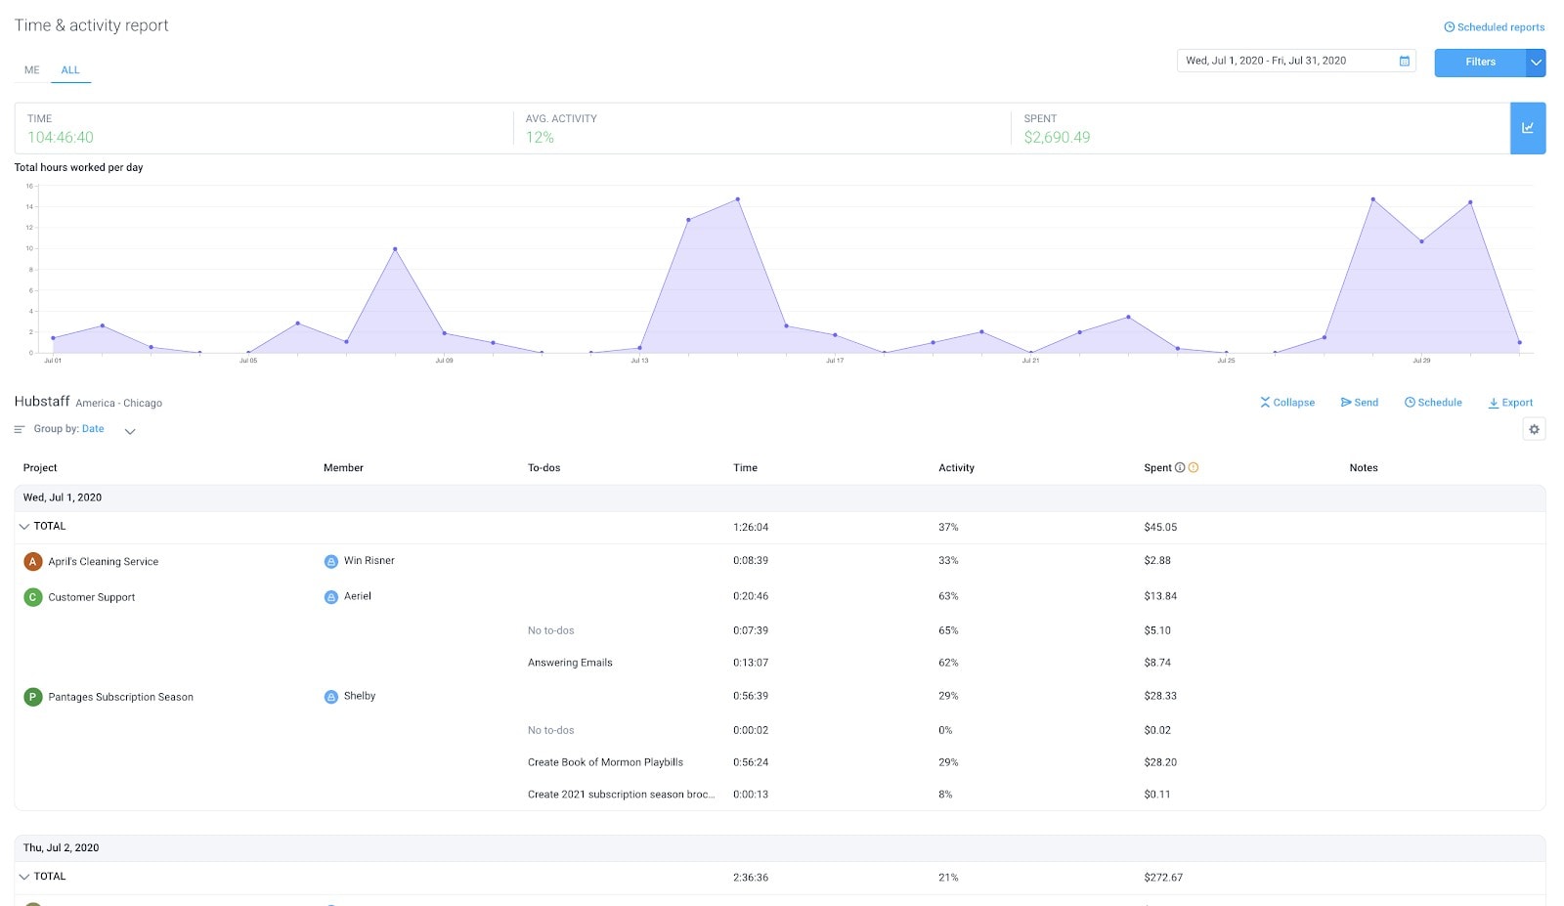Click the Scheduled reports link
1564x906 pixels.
point(1495,27)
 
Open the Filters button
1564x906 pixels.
point(1480,62)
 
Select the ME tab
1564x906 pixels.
point(32,70)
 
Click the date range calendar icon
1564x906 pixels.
point(1404,61)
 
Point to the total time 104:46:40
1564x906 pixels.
point(61,138)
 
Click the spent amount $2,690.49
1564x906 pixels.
point(1057,138)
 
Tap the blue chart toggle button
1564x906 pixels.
point(1527,128)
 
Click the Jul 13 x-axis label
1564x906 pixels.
point(639,361)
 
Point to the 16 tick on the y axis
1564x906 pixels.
point(29,186)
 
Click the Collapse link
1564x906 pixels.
point(1287,403)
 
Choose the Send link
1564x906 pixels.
point(1360,403)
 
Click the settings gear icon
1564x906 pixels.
point(1534,429)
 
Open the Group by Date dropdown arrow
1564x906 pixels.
point(130,431)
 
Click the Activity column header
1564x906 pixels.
point(956,468)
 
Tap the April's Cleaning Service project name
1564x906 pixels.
point(103,562)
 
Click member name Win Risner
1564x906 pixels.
point(369,561)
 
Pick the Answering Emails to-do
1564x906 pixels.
point(570,663)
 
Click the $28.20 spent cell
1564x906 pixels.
point(1160,762)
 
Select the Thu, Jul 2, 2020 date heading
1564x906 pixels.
point(61,848)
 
